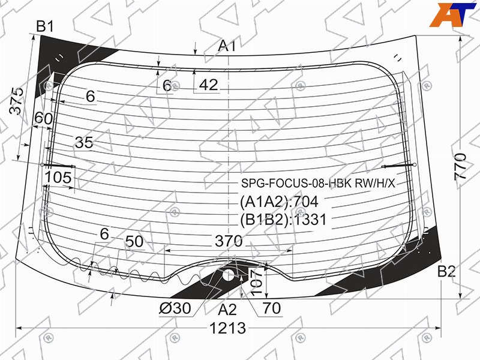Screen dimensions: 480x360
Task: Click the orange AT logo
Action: tap(452, 14)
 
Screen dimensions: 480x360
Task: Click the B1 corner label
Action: tap(45, 26)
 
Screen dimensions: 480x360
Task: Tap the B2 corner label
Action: tap(446, 271)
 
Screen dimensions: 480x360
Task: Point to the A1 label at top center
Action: tap(227, 46)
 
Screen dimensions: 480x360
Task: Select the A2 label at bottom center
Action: tap(227, 310)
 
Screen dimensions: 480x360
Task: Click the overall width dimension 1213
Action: tap(228, 328)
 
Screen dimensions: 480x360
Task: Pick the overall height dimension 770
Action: tap(460, 167)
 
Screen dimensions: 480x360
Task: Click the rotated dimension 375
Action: tap(16, 101)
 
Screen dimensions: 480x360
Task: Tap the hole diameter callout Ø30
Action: tap(175, 308)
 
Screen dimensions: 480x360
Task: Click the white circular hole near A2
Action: tap(228, 275)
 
